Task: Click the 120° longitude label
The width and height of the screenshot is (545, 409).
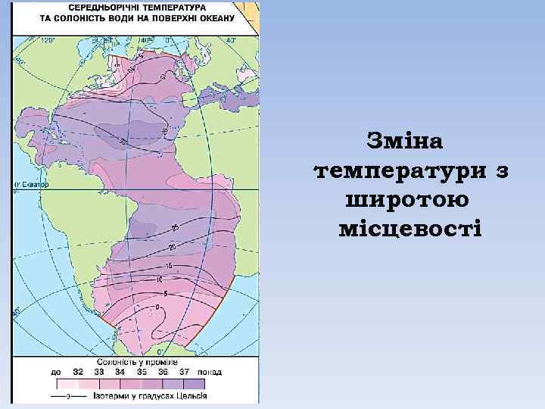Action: point(48,39)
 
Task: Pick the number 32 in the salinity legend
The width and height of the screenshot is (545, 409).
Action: point(78,372)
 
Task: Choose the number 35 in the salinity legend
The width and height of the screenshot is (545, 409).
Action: point(142,372)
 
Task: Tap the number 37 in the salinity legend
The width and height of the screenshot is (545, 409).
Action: point(183,372)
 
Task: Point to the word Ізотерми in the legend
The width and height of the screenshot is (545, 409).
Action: point(107,395)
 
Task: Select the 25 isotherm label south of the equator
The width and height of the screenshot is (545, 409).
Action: point(174,227)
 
